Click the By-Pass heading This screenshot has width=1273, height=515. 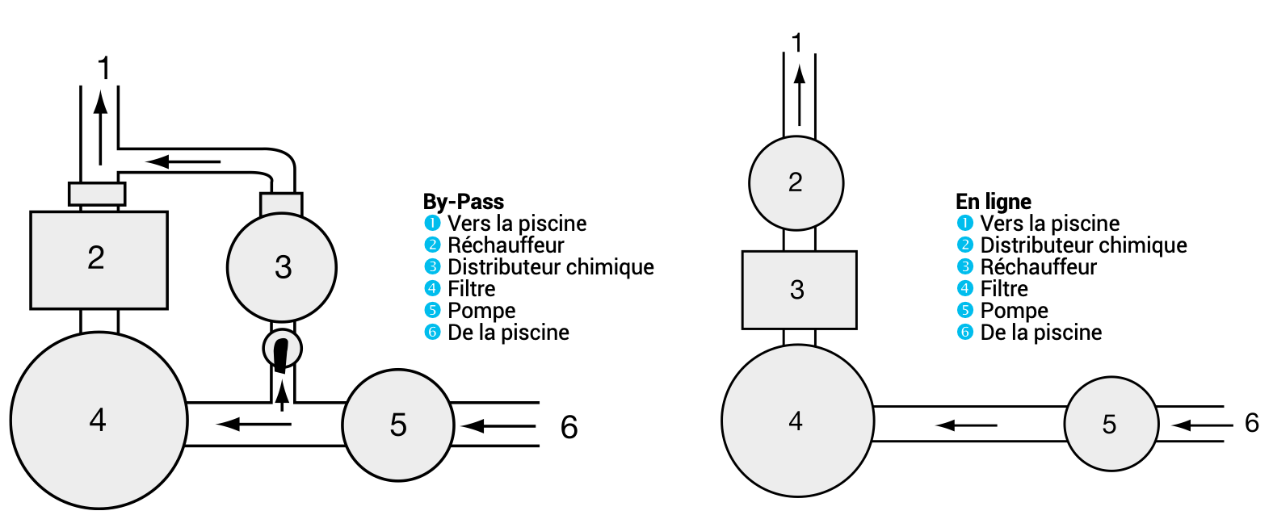[463, 202]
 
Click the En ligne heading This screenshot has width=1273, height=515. [993, 202]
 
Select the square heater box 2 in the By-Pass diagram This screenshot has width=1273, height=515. [99, 260]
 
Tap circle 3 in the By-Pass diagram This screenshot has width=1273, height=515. [281, 267]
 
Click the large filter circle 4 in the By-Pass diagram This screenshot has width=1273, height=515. [99, 421]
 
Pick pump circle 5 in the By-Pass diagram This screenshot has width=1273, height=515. [397, 425]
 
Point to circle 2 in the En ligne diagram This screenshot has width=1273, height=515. [796, 183]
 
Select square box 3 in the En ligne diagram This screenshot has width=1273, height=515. [799, 290]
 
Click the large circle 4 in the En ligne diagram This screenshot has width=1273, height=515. [797, 421]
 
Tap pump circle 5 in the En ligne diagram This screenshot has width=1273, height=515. [1111, 424]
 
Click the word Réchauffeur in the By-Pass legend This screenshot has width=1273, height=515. [506, 245]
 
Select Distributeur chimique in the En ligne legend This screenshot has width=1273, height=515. [1083, 245]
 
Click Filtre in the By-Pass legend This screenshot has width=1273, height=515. [472, 289]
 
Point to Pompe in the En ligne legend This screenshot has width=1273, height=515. [1014, 311]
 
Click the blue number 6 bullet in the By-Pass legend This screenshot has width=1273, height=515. [432, 333]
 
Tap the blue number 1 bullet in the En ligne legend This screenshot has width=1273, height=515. [964, 224]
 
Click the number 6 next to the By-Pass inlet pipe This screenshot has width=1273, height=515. [569, 427]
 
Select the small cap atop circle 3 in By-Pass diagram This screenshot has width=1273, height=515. [281, 203]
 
